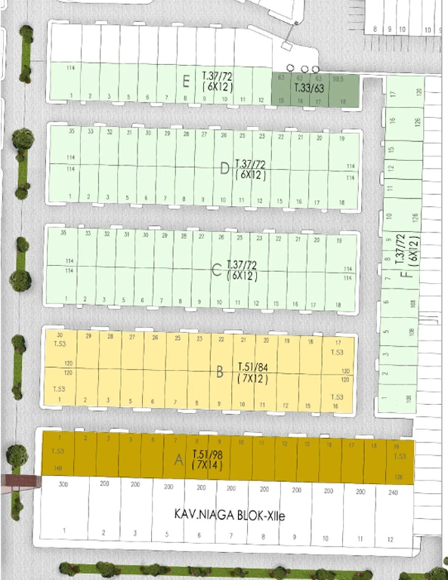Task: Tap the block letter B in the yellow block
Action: pos(219,372)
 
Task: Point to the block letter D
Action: pos(224,168)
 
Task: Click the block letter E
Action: pos(186,81)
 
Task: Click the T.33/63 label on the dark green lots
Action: pos(308,88)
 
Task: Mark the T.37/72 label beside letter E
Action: pos(218,76)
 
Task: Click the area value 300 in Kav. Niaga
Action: pos(63,484)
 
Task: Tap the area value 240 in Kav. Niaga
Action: pos(391,492)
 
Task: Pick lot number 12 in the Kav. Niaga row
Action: pos(390,539)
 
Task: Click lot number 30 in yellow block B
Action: pos(59,335)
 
